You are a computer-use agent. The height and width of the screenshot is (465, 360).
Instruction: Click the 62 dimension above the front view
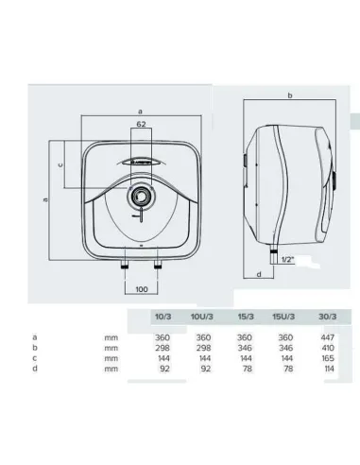pyautogui.click(x=140, y=124)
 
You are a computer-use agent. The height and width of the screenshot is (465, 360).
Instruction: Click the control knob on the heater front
pyautogui.click(x=140, y=198)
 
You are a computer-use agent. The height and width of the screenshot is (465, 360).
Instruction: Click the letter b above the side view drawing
pyautogui.click(x=289, y=95)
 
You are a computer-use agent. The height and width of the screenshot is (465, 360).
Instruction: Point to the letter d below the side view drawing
pyautogui.click(x=257, y=275)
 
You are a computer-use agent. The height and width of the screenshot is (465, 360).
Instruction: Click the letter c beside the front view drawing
pyautogui.click(x=60, y=164)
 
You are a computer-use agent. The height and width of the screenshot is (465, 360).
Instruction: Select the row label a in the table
pyautogui.click(x=34, y=336)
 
